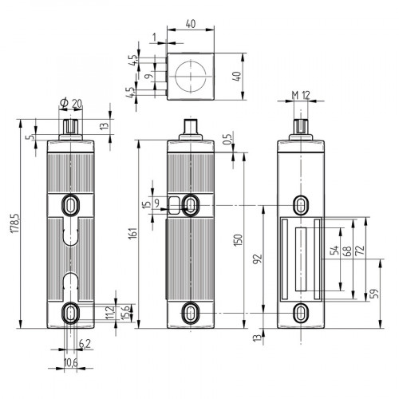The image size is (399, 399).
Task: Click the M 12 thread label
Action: (300, 96)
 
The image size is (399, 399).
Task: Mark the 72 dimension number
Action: (361, 252)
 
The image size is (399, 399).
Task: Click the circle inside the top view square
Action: (192, 77)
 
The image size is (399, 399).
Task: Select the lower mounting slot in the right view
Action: (301, 311)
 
